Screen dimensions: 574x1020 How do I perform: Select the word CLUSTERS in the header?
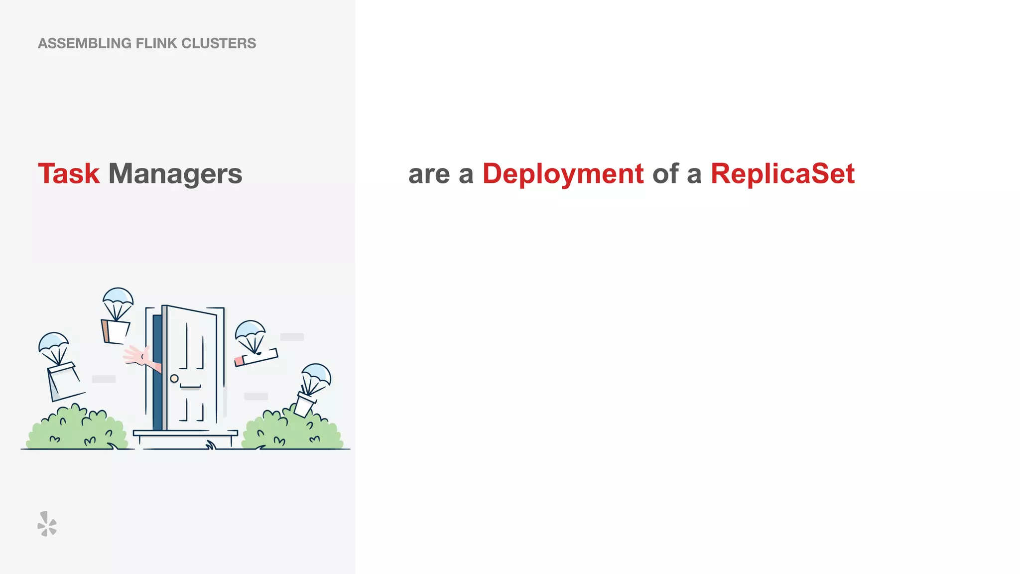[x=219, y=43]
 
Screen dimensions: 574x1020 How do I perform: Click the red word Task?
[x=69, y=174]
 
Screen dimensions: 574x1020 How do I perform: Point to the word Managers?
[x=175, y=174]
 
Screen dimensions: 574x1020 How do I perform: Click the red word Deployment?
[x=563, y=174]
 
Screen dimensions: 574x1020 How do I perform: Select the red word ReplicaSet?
[x=782, y=174]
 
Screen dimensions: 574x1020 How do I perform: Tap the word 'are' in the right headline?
[x=429, y=174]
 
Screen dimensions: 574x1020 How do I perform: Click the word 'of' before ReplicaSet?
[x=665, y=174]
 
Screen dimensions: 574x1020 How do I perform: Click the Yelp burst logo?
[x=47, y=524]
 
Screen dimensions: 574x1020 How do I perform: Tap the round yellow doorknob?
[x=174, y=378]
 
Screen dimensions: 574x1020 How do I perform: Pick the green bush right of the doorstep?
[x=291, y=430]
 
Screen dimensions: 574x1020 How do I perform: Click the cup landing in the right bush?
[x=305, y=403]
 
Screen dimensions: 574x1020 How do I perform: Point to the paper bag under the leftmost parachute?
[x=63, y=381]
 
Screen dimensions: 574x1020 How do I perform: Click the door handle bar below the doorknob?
[x=190, y=387]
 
